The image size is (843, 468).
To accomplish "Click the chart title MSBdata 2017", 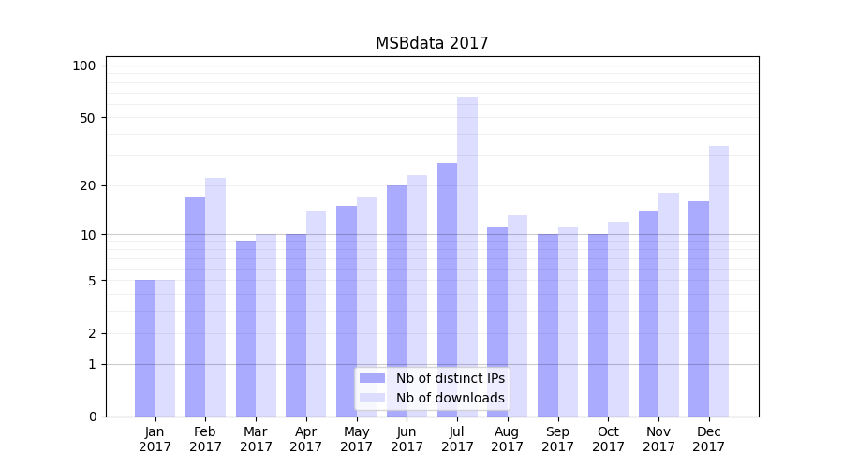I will (x=432, y=43).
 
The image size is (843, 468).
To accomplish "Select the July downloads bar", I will (x=467, y=257).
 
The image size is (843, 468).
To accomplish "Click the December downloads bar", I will (x=718, y=281).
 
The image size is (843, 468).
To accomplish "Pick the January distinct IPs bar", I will (x=145, y=348).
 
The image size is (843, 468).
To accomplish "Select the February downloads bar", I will (x=215, y=297).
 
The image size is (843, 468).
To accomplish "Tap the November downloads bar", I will (x=669, y=304).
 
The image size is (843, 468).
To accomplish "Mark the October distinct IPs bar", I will (x=598, y=325).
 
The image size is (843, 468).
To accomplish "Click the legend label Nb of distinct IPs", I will (x=450, y=378).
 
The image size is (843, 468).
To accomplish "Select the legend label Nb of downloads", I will (x=450, y=398).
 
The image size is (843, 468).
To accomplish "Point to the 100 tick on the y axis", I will (x=84, y=66).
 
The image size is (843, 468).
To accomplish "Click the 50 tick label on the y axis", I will (x=87, y=118).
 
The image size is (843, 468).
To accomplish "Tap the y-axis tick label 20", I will (x=87, y=185).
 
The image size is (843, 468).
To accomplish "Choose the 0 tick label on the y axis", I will (x=92, y=417).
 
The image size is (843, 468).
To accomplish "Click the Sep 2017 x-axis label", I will (x=557, y=439).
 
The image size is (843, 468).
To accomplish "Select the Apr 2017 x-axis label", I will (x=306, y=439).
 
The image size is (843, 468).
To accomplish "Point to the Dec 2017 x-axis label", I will (x=708, y=439).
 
